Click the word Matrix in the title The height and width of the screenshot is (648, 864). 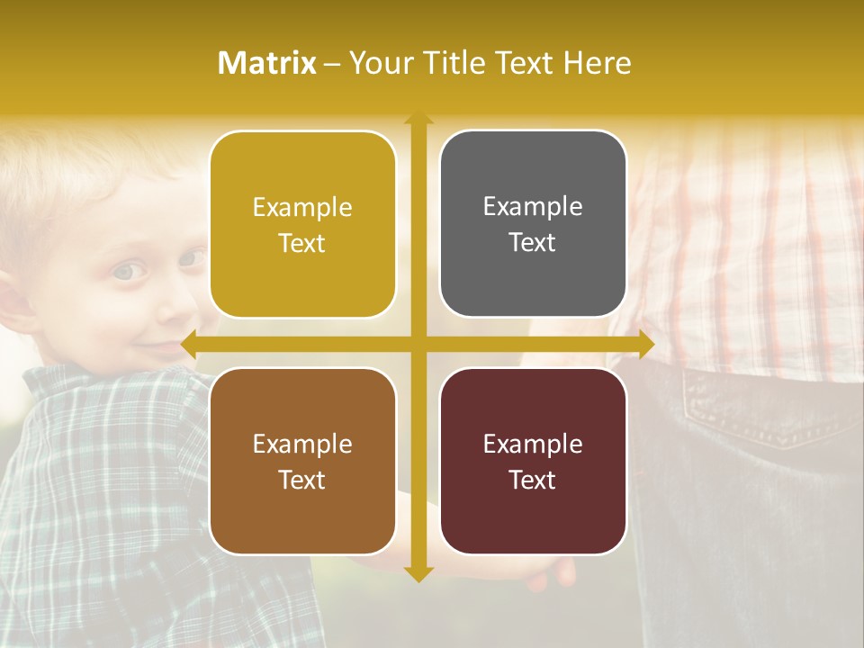266,63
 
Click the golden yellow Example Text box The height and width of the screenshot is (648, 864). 302,224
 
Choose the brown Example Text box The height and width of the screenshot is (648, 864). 302,461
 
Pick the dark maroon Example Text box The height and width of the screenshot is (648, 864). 533,461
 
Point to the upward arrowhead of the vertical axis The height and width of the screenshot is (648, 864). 418,118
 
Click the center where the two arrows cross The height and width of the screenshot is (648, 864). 418,344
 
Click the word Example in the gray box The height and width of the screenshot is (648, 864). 533,206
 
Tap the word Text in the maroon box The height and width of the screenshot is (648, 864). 533,480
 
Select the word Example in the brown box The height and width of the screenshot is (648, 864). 302,444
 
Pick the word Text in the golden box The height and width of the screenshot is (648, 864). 302,243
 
